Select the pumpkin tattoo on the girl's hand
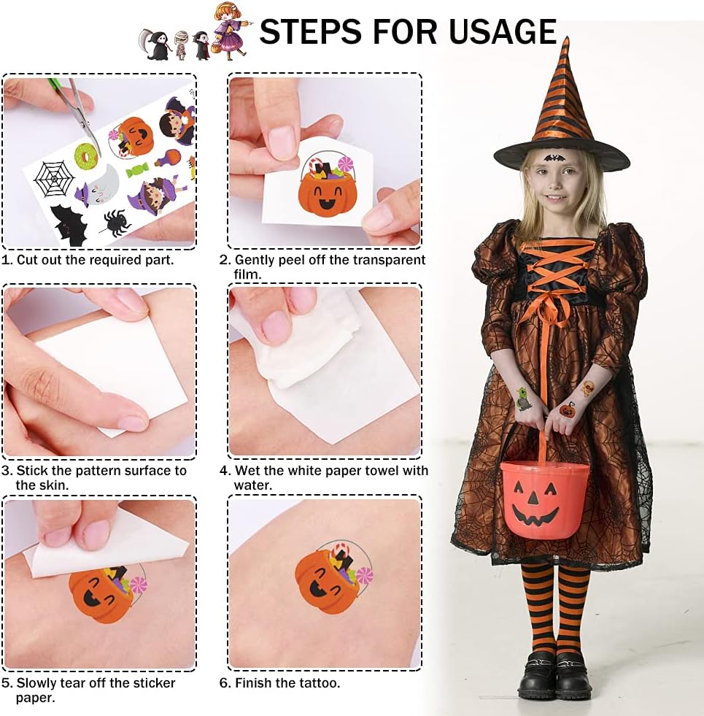568,409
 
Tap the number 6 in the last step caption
223,683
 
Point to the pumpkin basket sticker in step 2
327,185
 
